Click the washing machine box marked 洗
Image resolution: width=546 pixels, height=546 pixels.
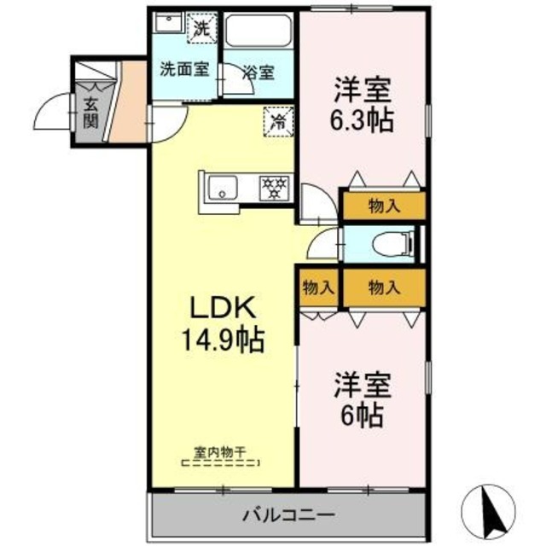click(x=202, y=27)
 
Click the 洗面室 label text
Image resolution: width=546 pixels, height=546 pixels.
click(x=184, y=71)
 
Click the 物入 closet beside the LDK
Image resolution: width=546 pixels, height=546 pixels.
click(x=318, y=288)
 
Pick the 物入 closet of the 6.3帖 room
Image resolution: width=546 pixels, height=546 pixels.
click(x=383, y=205)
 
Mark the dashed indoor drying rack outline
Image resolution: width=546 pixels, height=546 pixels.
click(x=221, y=463)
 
